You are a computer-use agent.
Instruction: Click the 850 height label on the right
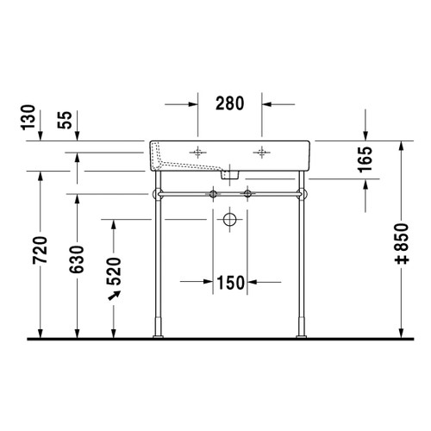coord(402,250)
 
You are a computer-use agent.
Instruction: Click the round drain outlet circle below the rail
coord(229,221)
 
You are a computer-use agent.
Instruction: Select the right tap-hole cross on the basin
coord(259,152)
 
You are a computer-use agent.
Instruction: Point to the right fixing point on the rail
coord(249,193)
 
